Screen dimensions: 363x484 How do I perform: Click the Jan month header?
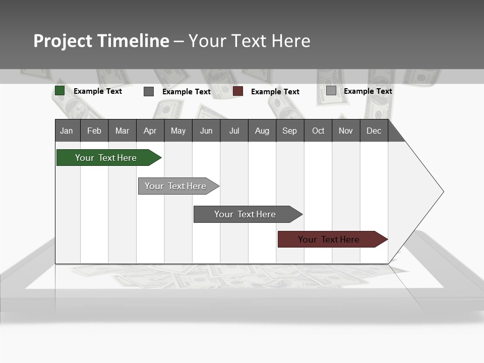[67, 131]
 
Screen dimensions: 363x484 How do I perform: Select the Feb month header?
[94, 131]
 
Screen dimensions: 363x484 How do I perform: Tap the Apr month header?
[150, 131]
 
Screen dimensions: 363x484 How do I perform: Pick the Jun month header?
[206, 131]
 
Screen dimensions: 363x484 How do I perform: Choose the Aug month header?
[262, 131]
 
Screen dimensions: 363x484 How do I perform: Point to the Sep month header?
[290, 131]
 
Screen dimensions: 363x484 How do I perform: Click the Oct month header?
[318, 131]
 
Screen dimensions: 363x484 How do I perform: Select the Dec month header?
[374, 131]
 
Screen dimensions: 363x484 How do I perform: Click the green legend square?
[59, 91]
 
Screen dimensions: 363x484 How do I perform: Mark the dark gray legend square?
[149, 91]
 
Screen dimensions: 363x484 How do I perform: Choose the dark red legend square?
[238, 91]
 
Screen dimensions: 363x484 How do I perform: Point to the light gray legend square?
[331, 91]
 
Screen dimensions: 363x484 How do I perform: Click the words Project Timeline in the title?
[101, 41]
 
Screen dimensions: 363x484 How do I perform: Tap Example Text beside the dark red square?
[275, 92]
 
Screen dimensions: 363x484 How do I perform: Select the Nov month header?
[346, 131]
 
